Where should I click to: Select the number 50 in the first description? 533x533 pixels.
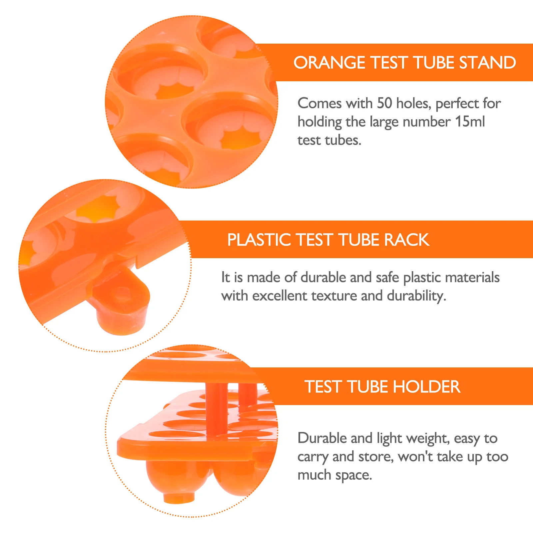pos(384,103)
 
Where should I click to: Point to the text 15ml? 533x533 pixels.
pos(470,122)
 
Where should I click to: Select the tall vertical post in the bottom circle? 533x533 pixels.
pos(217,410)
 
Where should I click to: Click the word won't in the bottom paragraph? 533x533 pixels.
pos(415,456)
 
